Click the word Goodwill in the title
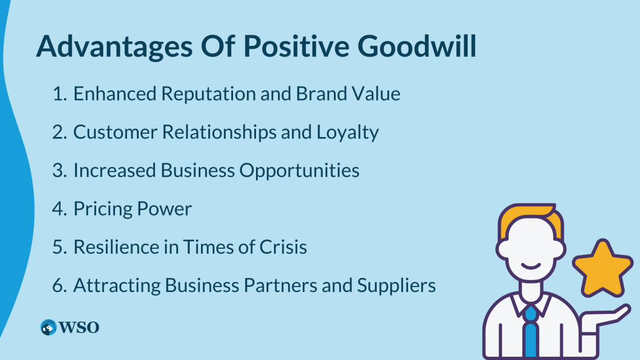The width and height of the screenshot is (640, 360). [417, 46]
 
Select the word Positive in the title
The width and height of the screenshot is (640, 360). [296, 45]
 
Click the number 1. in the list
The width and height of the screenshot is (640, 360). [60, 93]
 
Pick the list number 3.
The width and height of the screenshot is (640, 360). [60, 170]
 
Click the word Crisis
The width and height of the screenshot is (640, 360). [284, 247]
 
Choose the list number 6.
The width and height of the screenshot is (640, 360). [60, 285]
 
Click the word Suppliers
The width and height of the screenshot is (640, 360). [396, 286]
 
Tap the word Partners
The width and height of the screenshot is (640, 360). [280, 285]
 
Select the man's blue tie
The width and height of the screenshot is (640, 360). [531, 331]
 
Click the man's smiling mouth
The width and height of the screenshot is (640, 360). [531, 267]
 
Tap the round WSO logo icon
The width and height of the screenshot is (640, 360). [49, 327]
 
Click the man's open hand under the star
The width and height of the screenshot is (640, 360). [605, 319]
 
